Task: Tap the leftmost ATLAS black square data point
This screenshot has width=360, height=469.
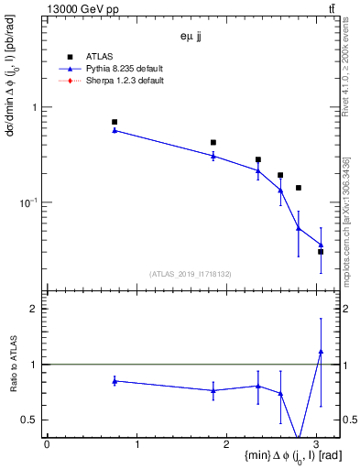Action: [x=115, y=122]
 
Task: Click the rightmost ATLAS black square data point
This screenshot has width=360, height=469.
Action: [x=321, y=251]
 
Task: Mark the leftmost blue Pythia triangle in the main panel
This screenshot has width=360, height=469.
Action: [x=115, y=130]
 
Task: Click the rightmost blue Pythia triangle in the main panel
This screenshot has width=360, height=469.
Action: [x=321, y=245]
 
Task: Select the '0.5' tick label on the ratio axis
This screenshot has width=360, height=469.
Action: [x=30, y=420]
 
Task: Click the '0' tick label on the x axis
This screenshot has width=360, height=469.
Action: [x=47, y=444]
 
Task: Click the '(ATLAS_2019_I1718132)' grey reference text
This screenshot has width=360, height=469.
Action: [x=192, y=273]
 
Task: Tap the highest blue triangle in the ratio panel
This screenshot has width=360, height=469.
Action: [x=321, y=351]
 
